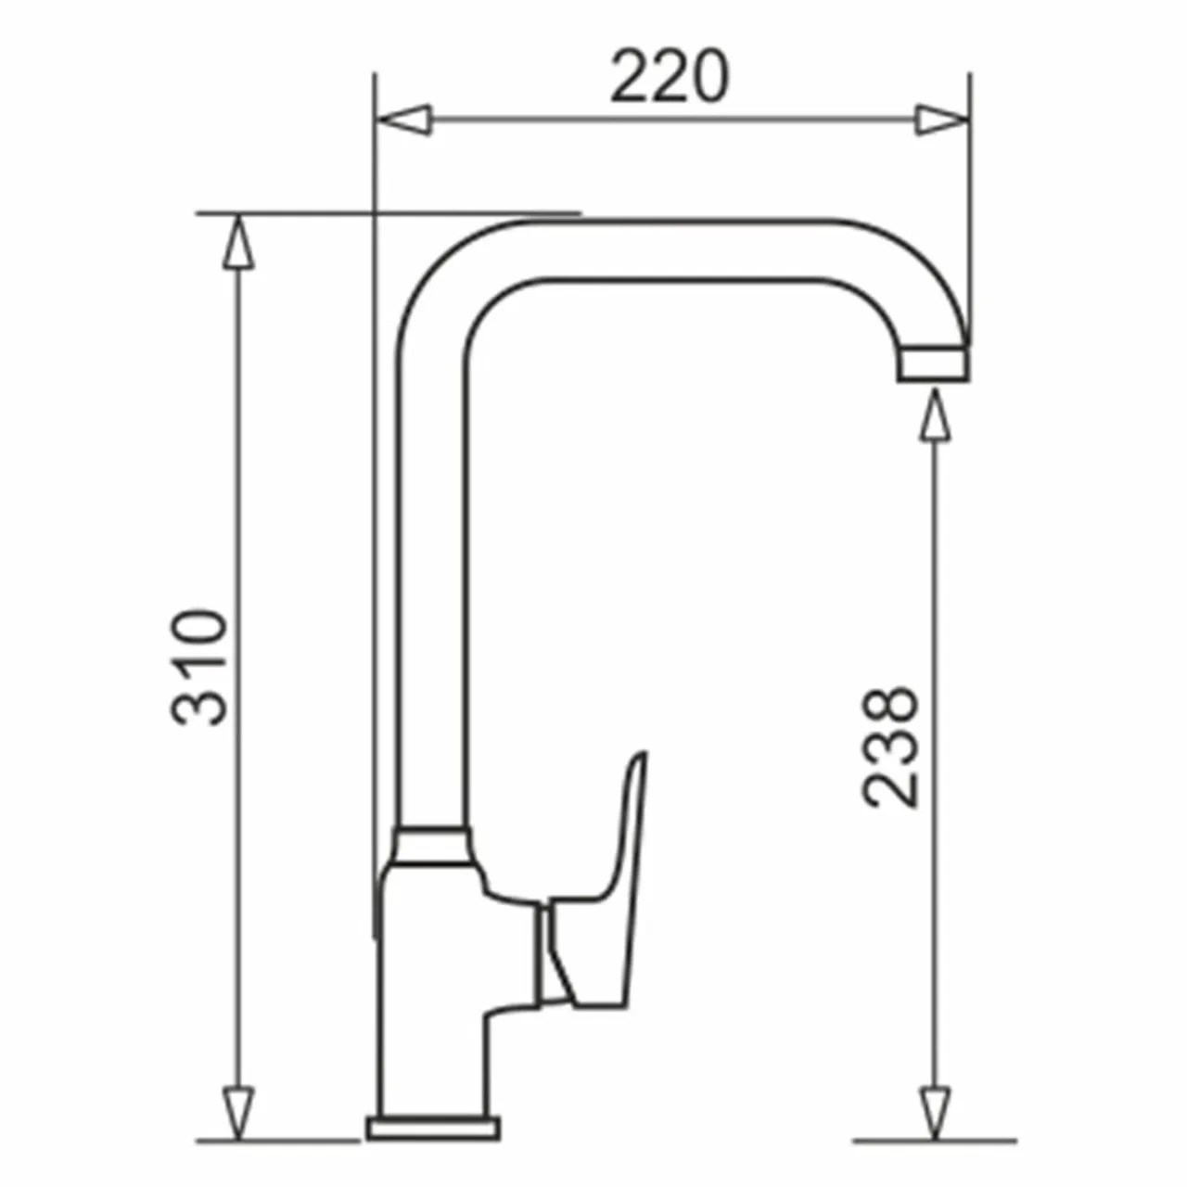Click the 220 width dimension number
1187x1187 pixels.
coord(670,76)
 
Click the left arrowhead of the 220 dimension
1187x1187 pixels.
coord(403,120)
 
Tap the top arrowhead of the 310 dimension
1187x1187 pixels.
coord(238,241)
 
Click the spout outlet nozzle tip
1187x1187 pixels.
coord(933,364)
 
